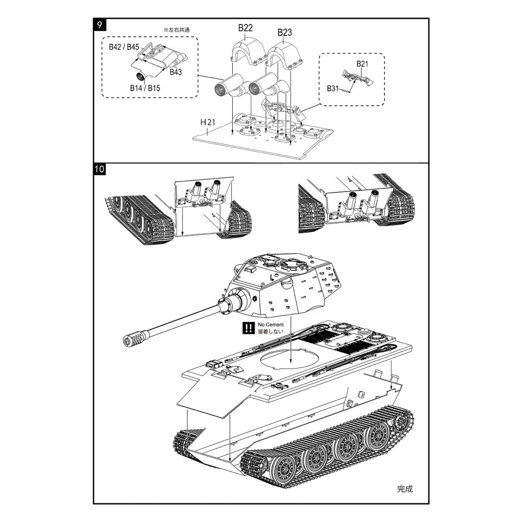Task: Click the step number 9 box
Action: [x=100, y=25]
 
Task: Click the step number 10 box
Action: [x=100, y=169]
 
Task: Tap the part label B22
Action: [x=246, y=28]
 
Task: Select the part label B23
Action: [x=284, y=32]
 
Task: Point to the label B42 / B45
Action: [x=124, y=47]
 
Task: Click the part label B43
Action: [x=175, y=72]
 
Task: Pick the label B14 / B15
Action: [x=145, y=88]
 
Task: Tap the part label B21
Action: [x=363, y=64]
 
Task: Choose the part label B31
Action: [x=334, y=88]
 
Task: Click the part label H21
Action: [x=208, y=122]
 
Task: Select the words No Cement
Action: [x=271, y=325]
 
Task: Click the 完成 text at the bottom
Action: [x=405, y=489]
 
